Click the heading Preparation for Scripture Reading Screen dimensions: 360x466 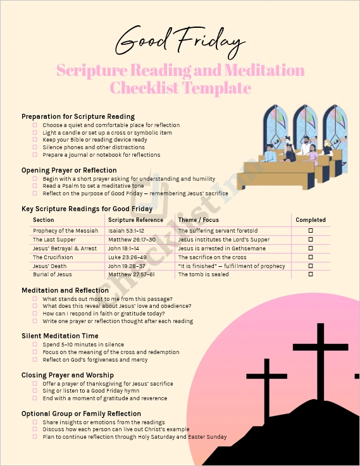click(x=78, y=116)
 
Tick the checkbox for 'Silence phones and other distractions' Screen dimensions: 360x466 click(x=35, y=147)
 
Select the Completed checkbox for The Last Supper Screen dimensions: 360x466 click(x=310, y=240)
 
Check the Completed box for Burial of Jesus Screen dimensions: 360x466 click(x=310, y=274)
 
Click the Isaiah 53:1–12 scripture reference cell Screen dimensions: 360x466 click(x=126, y=231)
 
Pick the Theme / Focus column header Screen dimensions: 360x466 click(x=198, y=220)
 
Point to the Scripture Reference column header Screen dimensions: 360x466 click(x=136, y=220)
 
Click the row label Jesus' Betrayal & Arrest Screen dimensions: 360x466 click(x=65, y=248)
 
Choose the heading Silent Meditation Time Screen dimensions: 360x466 click(x=60, y=336)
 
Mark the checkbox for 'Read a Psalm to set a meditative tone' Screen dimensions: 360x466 click(x=35, y=186)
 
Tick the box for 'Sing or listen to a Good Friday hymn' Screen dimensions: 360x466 click(x=35, y=391)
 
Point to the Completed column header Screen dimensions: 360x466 click(x=310, y=220)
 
